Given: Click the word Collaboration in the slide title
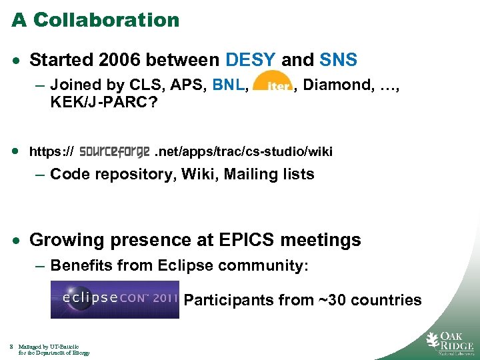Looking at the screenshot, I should [x=107, y=20].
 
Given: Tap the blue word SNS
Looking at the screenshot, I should [x=339, y=61].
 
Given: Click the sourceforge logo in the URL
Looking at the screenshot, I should [x=114, y=151].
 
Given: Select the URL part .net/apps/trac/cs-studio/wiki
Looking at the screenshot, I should [x=243, y=151].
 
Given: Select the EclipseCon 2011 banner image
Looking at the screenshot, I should [x=115, y=299].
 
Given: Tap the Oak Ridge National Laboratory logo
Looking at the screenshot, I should [x=450, y=341].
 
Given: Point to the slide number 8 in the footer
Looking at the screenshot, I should [x=12, y=347].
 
